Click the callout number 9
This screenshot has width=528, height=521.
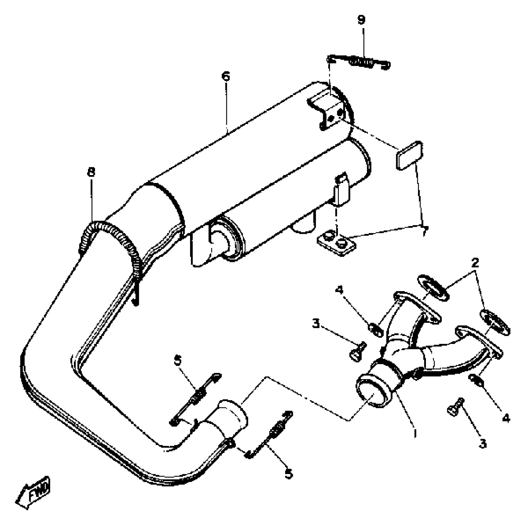click(x=362, y=20)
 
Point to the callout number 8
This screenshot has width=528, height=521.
click(x=91, y=172)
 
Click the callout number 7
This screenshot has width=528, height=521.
click(x=424, y=231)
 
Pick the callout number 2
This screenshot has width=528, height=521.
click(x=475, y=262)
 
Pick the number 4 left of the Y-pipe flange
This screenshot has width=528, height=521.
click(x=339, y=290)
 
